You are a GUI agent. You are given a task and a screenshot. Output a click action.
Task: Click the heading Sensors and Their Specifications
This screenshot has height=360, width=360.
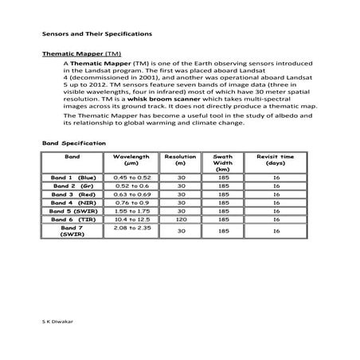(91, 35)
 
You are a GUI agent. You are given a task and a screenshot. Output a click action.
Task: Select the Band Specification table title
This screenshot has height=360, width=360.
(73, 142)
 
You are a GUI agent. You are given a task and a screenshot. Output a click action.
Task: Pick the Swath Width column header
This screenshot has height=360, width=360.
(223, 163)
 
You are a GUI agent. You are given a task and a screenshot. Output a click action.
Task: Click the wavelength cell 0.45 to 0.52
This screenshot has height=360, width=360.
(132, 178)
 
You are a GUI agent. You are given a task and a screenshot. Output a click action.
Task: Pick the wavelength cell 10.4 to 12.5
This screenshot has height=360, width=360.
(132, 219)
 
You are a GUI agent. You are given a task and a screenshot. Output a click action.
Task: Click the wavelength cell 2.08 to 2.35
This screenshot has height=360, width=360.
(132, 229)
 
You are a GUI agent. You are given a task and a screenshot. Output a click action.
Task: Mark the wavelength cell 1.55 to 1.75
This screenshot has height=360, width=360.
(132, 210)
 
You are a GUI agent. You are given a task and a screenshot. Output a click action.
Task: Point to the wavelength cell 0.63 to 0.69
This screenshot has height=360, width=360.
(132, 194)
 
